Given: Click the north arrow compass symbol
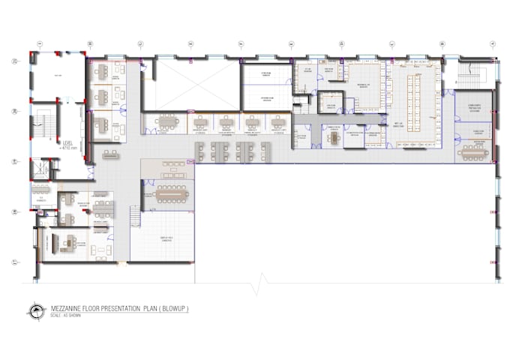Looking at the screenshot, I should pos(36,310).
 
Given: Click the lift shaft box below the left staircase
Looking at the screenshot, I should pos(38,171).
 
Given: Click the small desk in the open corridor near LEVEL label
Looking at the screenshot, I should pos(111,155).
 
